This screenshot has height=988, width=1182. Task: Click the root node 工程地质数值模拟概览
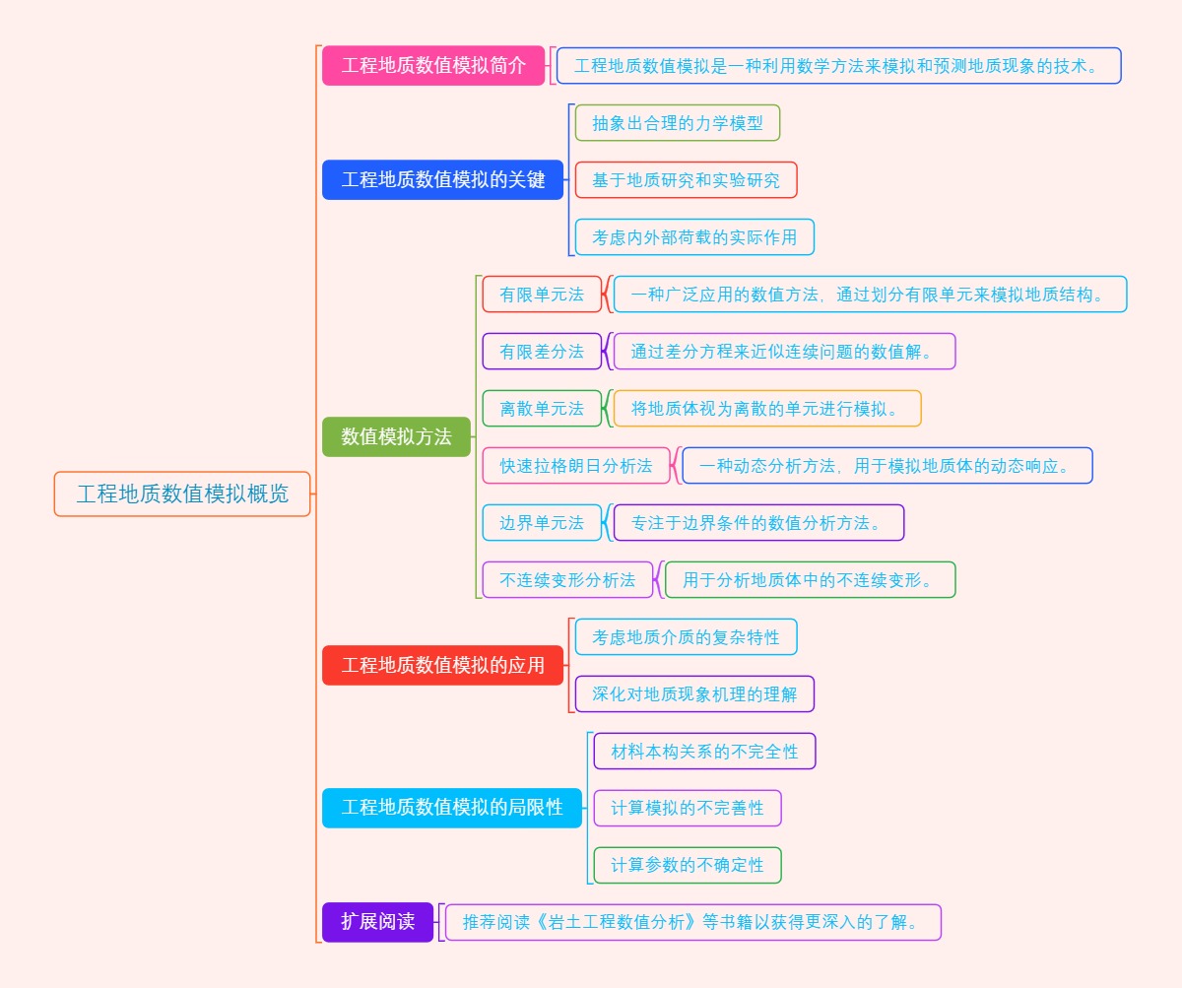182,494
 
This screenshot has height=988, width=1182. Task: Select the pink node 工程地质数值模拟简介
433,66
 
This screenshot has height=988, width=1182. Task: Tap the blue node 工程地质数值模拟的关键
442,180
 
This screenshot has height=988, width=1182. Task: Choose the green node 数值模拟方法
396,436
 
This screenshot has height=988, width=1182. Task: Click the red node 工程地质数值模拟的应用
442,665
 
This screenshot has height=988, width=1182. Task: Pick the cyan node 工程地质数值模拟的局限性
452,807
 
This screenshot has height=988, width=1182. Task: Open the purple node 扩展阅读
377,921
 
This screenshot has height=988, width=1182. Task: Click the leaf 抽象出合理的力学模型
678,123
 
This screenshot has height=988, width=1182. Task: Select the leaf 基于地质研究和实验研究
686,180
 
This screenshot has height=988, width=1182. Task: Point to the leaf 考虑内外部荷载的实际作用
694,237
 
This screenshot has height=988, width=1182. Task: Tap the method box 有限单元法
542,295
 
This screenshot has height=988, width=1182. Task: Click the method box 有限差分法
542,352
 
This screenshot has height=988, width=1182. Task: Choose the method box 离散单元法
542,409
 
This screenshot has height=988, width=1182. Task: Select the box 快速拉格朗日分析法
576,466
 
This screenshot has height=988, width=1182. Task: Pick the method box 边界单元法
542,523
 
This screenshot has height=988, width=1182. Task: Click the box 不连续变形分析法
567,580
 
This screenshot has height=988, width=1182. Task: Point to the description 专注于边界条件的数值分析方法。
758,523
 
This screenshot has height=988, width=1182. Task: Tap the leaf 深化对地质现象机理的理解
694,694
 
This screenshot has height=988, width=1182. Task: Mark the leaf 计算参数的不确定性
688,866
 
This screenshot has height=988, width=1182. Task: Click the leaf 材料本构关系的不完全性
704,752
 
